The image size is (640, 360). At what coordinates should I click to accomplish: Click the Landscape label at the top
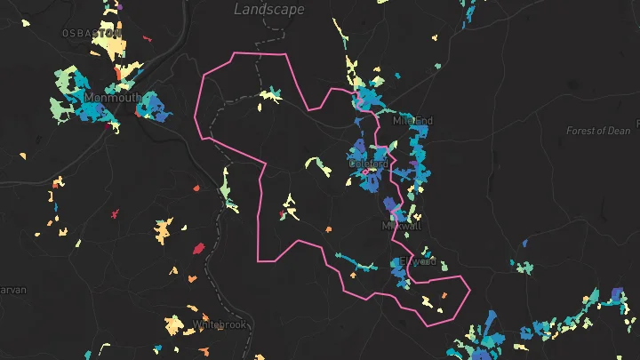coord(268,9)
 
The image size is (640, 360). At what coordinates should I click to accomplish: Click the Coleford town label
coord(368,164)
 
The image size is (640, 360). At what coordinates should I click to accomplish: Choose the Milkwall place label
coord(401,226)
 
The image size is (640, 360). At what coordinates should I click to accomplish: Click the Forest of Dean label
coord(598,131)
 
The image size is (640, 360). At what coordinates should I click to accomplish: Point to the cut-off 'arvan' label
coord(13,290)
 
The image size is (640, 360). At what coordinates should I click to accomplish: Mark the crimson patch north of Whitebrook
coord(198,248)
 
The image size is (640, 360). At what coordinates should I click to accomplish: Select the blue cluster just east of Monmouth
coord(151,107)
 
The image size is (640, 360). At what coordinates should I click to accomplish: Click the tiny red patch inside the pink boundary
coord(282,214)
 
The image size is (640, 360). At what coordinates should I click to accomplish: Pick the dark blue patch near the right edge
coord(618,296)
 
